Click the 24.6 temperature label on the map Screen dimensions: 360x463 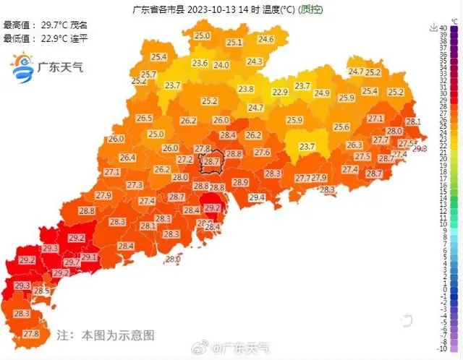pyautogui.click(x=266, y=39)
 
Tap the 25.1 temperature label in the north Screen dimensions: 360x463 pyautogui.click(x=234, y=43)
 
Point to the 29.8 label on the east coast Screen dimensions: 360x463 pyautogui.click(x=420, y=148)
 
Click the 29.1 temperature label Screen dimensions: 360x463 pyautogui.click(x=88, y=257)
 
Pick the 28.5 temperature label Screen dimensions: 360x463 pyautogui.click(x=42, y=291)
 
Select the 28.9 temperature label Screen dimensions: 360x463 pyautogui.click(x=240, y=182)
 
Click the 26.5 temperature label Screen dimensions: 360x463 pyautogui.click(x=144, y=118)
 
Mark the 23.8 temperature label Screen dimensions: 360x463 pyautogui.click(x=246, y=89)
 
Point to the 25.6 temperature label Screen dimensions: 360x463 pyautogui.click(x=341, y=127)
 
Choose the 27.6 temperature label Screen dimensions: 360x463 pyautogui.click(x=262, y=153)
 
